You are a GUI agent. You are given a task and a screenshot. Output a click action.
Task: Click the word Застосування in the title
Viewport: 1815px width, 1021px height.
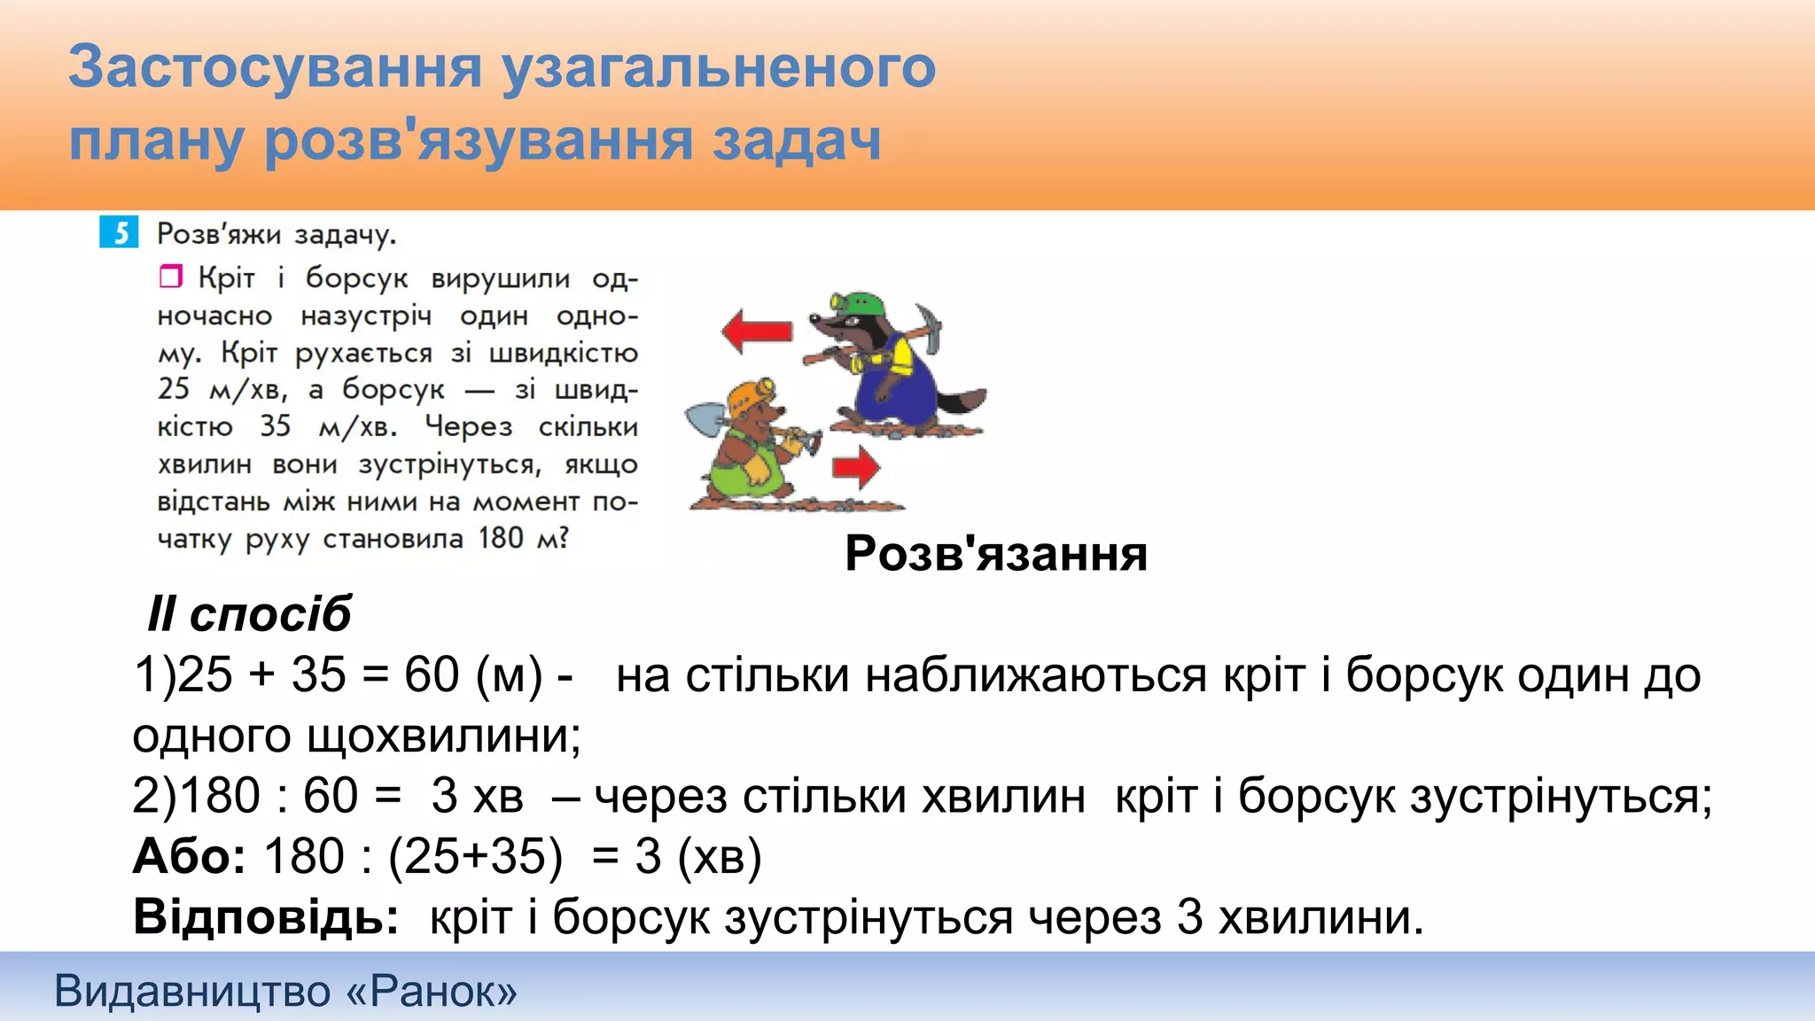(x=275, y=67)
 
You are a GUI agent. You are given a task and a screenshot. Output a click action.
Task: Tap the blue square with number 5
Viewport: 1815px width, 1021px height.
(x=119, y=233)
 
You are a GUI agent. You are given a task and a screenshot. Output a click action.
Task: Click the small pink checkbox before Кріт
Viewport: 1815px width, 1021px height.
(x=170, y=277)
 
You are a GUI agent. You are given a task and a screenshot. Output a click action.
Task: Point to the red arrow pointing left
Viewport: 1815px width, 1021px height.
(x=756, y=331)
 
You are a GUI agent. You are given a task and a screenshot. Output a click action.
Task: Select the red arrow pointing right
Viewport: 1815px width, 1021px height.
(x=856, y=467)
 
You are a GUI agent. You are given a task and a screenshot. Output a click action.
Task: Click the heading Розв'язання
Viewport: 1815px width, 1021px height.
(x=996, y=554)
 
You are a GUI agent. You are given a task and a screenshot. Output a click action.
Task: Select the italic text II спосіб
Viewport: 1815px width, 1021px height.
(x=249, y=614)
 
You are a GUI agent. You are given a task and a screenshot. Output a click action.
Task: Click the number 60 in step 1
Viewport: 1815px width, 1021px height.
(x=432, y=675)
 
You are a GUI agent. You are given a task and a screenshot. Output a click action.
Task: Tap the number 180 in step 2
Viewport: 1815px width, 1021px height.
(x=221, y=796)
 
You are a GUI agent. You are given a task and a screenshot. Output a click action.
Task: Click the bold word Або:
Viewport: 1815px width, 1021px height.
(x=189, y=856)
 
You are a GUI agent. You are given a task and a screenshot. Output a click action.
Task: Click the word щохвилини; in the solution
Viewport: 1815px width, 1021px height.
(x=443, y=736)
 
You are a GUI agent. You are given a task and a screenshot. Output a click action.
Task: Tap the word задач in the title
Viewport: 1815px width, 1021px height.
(x=797, y=141)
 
